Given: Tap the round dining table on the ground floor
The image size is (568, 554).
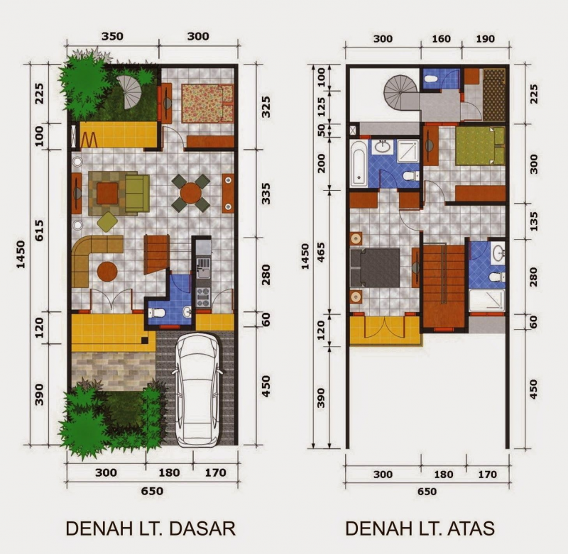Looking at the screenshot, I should tap(191, 193).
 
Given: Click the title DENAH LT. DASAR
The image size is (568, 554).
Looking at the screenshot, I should tap(150, 528).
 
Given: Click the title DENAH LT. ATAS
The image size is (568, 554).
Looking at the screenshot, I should tap(420, 528).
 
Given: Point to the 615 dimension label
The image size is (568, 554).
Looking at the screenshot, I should tap(40, 231).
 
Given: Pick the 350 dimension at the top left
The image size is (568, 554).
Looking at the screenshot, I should tap(113, 36).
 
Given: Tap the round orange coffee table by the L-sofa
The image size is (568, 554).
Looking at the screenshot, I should tap(107, 271).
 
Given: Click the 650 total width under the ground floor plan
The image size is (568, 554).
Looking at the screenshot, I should tap(152, 491).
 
